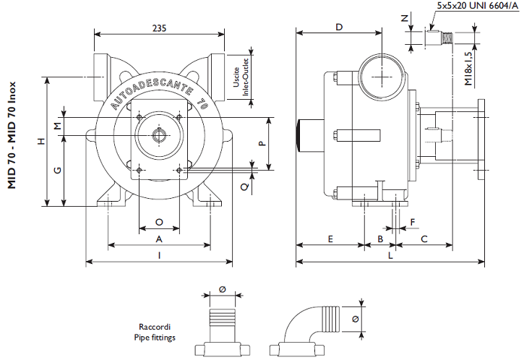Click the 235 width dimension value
tap(160, 28)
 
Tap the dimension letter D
tap(339, 27)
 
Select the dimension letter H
tap(40, 141)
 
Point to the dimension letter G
tap(58, 170)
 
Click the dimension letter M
tap(58, 126)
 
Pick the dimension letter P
tap(262, 143)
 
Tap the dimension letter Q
tap(245, 187)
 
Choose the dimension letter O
tap(159, 222)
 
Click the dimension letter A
tap(159, 239)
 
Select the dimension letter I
tap(160, 256)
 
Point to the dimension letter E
tap(330, 239)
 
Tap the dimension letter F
tap(413, 222)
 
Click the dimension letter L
tap(390, 256)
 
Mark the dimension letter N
tap(405, 18)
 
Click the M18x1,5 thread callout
tap(468, 69)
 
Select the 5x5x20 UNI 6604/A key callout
tap(478, 6)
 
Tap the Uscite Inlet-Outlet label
tap(241, 77)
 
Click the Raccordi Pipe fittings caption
tap(155, 332)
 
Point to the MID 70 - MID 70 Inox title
tap(12, 135)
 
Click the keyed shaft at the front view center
tap(159, 135)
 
